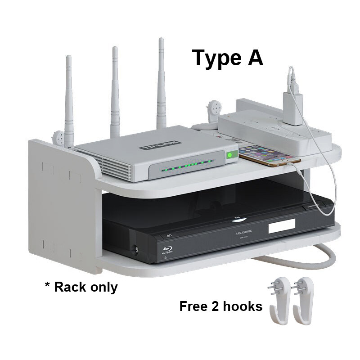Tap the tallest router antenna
click(161, 85)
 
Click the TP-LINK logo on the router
click(161, 145)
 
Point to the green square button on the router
click(232, 155)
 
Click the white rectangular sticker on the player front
click(282, 226)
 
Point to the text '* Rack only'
click(81, 287)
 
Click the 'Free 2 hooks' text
click(220, 306)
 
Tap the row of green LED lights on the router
click(189, 166)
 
